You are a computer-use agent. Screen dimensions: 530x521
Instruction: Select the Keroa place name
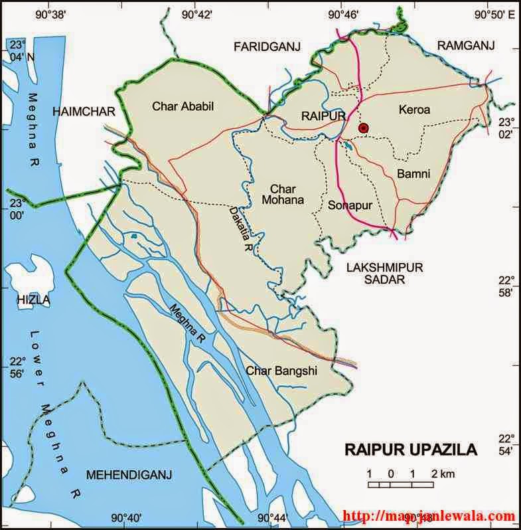[414, 109]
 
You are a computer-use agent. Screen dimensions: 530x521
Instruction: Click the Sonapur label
[349, 205]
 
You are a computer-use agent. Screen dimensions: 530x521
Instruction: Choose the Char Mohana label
[283, 193]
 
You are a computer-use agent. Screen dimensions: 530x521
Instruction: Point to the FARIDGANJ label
[267, 46]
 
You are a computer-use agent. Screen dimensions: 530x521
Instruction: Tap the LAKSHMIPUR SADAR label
[384, 273]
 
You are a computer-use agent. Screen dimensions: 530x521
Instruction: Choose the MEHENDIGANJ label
[129, 474]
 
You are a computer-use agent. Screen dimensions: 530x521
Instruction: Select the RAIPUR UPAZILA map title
[410, 450]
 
